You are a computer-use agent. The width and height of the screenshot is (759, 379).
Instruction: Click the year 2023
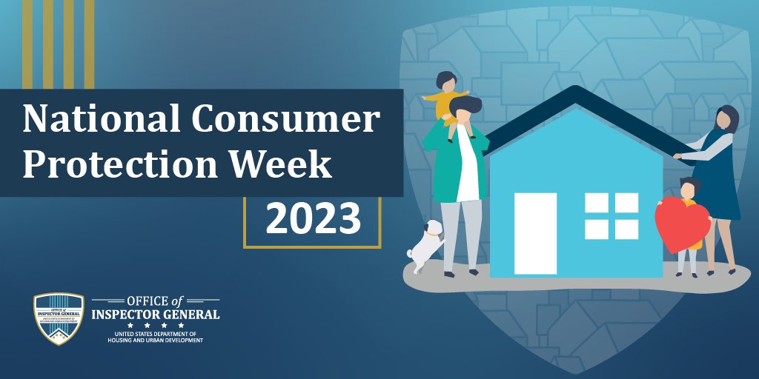coord(313,218)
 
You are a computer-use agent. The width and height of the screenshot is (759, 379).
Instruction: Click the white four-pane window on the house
coord(611,215)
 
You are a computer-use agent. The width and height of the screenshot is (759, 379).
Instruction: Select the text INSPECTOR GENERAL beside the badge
coord(155,314)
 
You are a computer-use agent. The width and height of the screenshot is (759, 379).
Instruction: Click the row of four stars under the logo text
coord(155,325)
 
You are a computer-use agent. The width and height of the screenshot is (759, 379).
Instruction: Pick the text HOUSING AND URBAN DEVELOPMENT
coord(155,340)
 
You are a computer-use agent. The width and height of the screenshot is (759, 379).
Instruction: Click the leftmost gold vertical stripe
coord(27,44)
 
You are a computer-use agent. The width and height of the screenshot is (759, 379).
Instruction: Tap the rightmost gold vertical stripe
coord(89,44)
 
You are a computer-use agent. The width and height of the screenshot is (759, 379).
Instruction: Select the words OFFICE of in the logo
coord(155,302)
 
